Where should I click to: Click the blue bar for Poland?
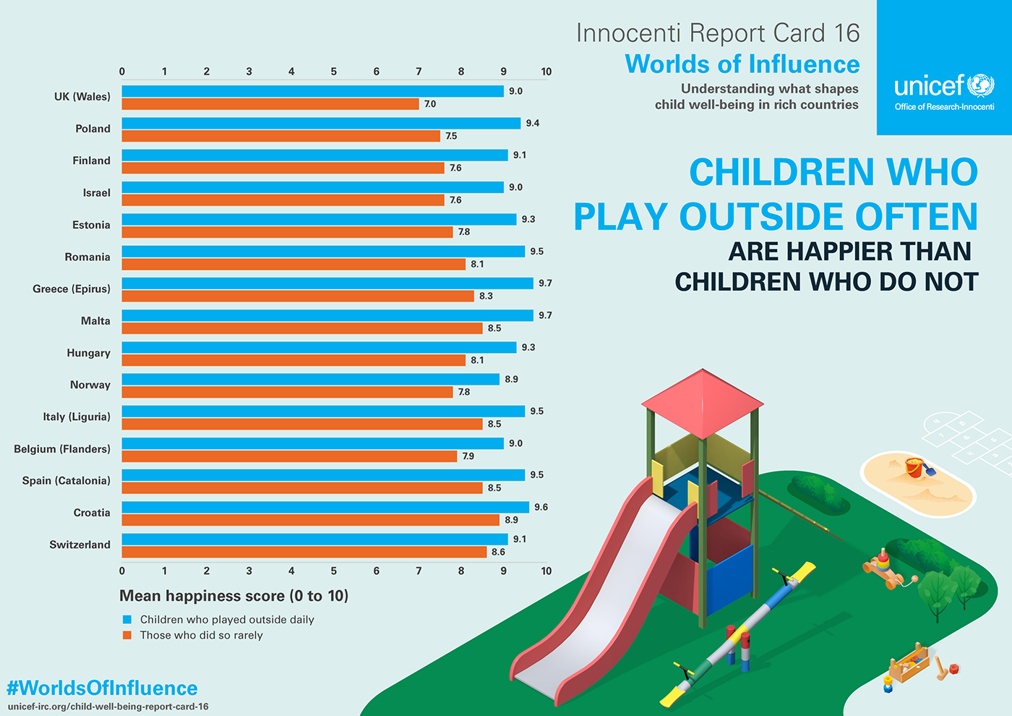click(321, 124)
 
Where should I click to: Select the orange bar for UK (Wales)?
click(270, 104)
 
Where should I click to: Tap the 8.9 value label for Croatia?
click(511, 520)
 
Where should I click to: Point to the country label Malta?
click(95, 321)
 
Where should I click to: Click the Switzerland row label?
click(80, 545)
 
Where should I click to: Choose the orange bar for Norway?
click(287, 392)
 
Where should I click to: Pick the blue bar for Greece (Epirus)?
click(327, 284)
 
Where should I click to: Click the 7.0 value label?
click(430, 104)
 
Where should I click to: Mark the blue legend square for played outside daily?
click(127, 620)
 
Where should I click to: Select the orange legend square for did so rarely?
click(127, 636)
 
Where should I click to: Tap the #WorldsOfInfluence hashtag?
click(102, 688)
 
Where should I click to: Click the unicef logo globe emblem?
click(981, 85)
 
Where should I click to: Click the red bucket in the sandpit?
click(914, 468)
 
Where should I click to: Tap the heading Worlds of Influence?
click(742, 64)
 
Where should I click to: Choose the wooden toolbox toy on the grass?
click(908, 665)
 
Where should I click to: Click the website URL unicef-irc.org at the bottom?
click(108, 707)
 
